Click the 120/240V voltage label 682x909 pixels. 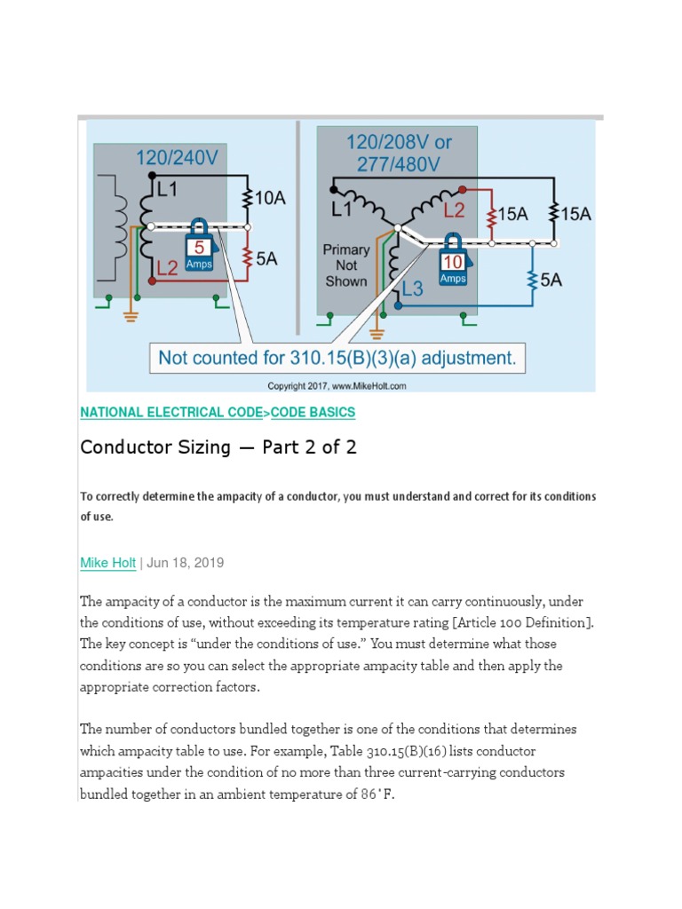click(x=176, y=158)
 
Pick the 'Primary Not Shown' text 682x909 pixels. click(x=345, y=265)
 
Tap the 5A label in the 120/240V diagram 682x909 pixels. click(x=266, y=259)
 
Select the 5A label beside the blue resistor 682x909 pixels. click(x=551, y=280)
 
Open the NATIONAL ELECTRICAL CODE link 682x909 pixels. click(x=172, y=413)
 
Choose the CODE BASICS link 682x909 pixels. click(x=313, y=413)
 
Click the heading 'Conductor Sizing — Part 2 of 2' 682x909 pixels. click(x=218, y=447)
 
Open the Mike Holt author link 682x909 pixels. click(x=107, y=563)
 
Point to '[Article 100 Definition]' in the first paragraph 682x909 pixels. click(x=513, y=622)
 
